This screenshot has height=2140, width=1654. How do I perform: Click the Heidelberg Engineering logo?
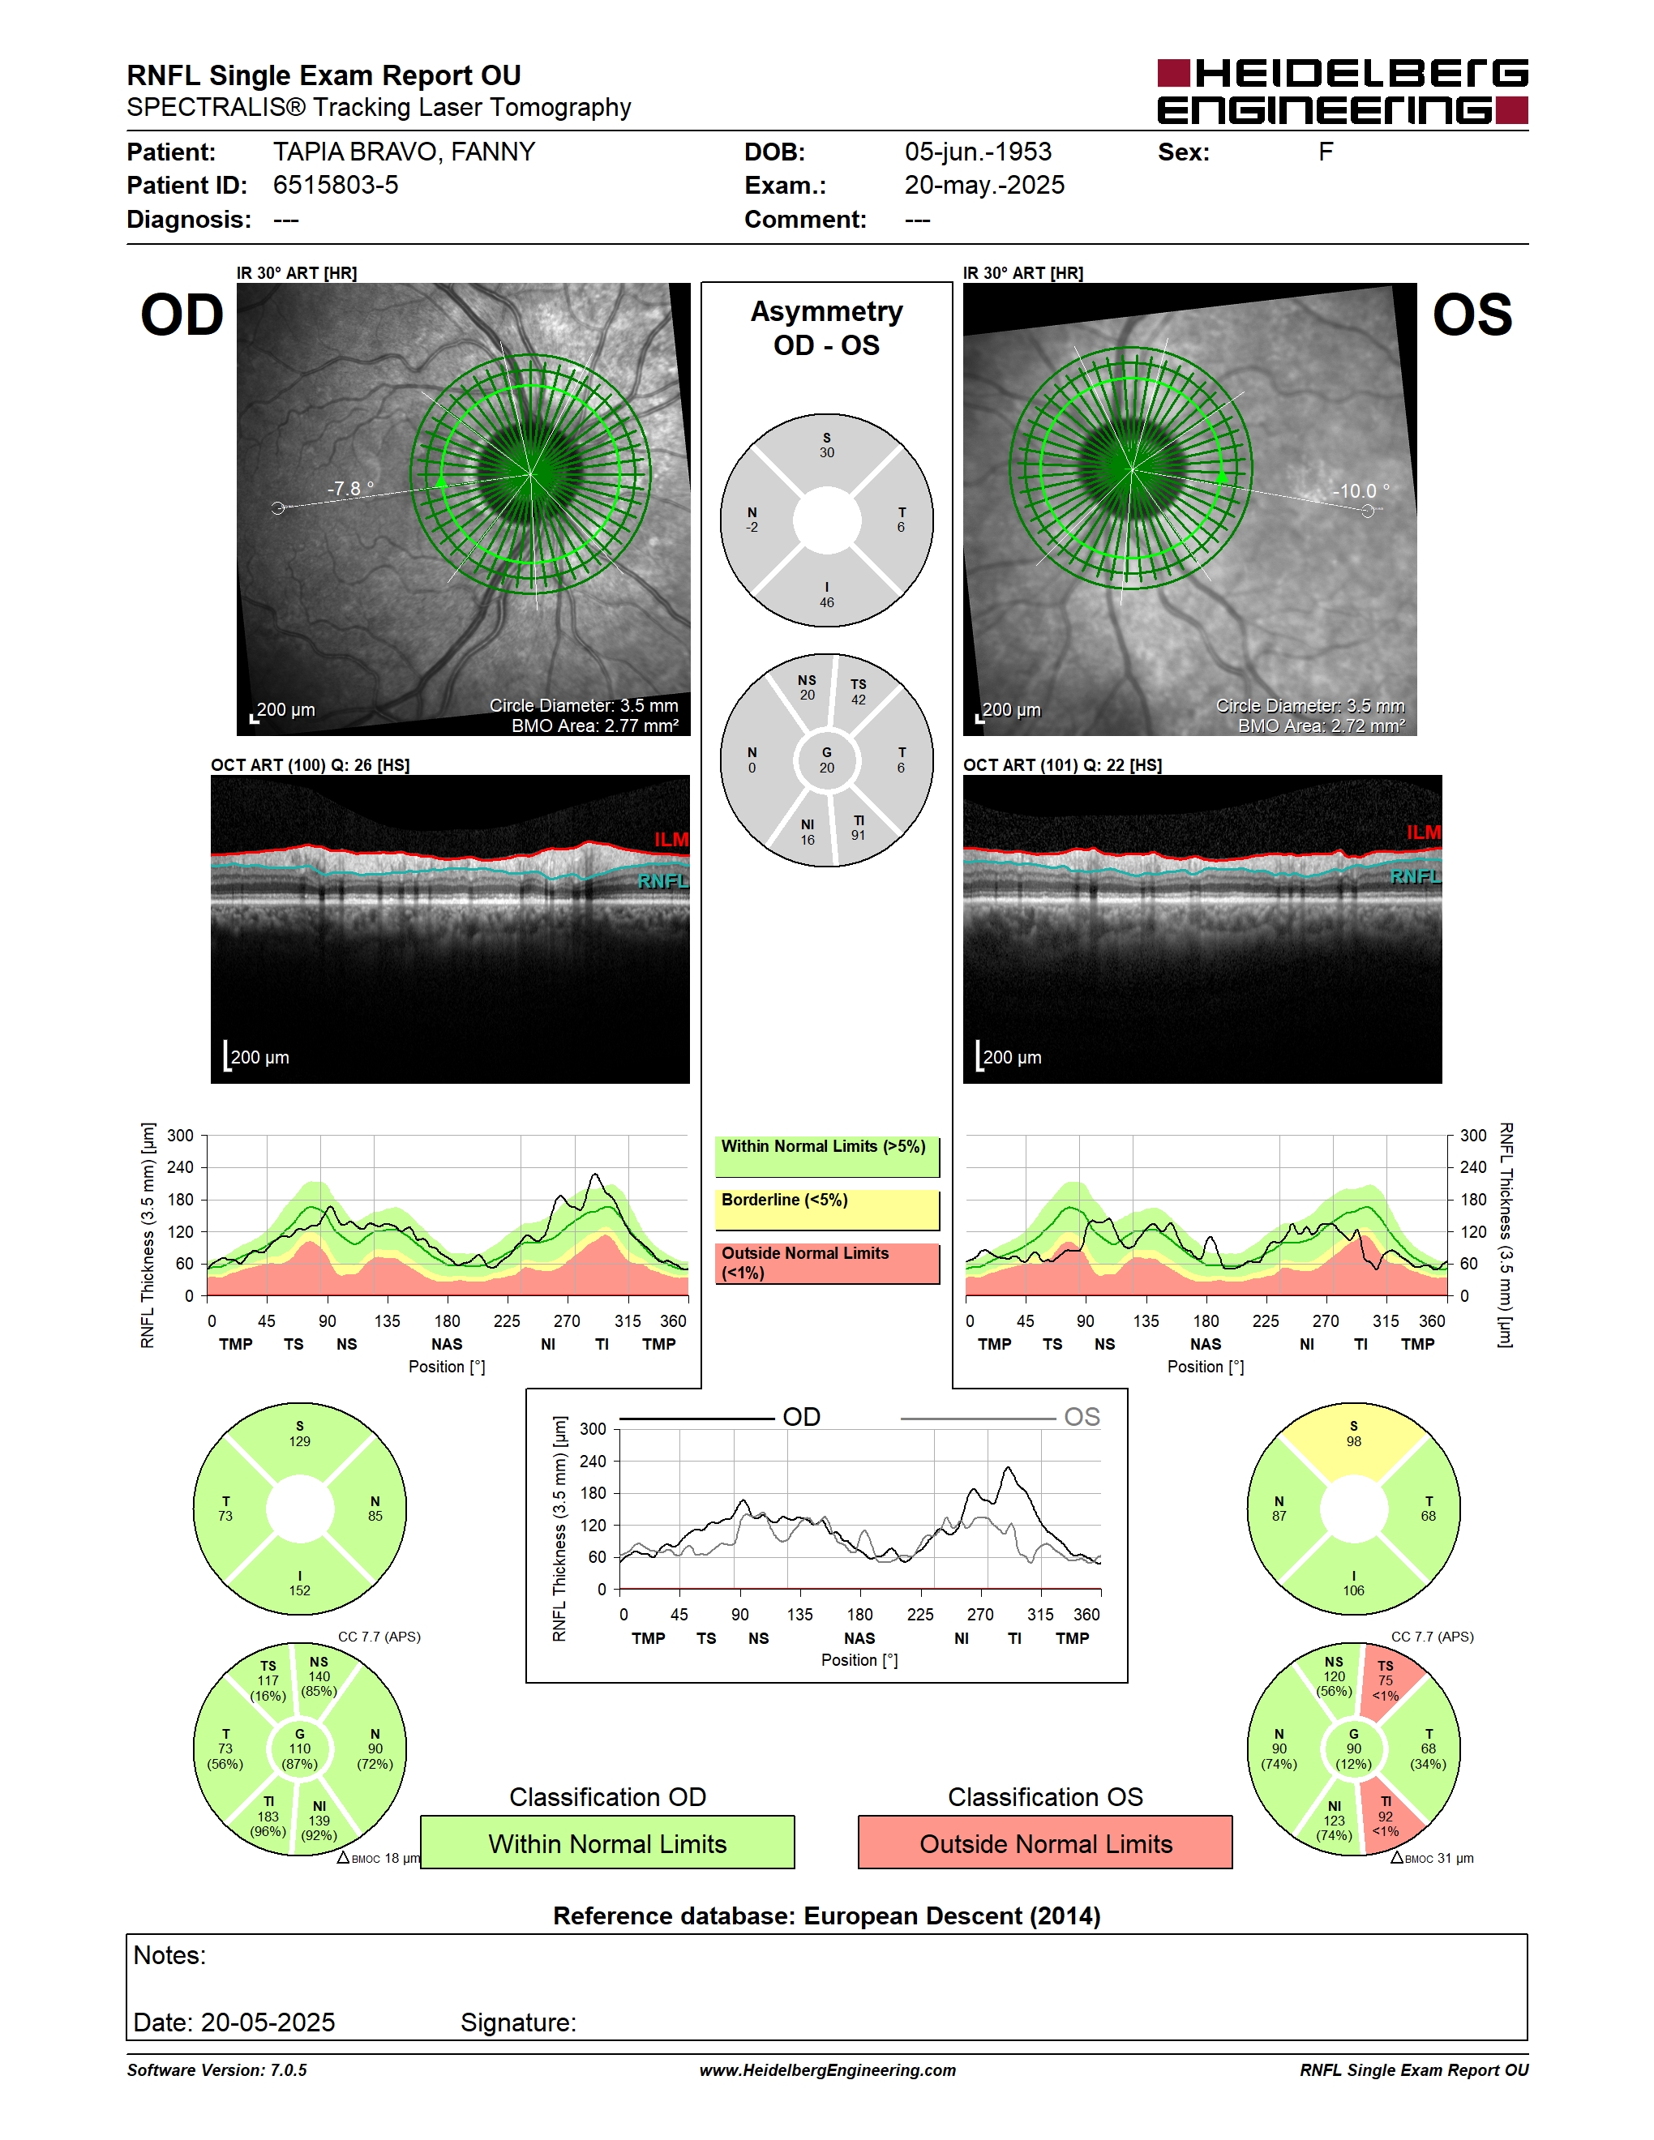click(1343, 92)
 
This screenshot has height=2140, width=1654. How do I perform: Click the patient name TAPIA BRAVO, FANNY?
click(404, 152)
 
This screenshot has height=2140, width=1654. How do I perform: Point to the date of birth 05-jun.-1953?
click(978, 152)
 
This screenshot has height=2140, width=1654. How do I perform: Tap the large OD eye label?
click(182, 315)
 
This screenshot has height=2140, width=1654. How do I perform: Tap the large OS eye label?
click(1472, 315)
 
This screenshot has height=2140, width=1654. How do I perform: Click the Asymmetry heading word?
click(826, 311)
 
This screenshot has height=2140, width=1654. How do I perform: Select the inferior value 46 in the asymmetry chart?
click(827, 602)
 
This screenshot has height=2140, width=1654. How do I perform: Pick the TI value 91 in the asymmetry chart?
click(859, 835)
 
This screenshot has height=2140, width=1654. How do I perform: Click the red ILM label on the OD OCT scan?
click(671, 840)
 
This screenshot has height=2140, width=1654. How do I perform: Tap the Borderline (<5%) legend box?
click(827, 1210)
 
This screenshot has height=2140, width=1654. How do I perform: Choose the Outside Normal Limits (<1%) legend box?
click(827, 1264)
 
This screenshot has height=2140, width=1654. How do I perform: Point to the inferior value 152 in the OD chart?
click(300, 1590)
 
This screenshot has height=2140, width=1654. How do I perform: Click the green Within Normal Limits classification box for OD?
click(607, 1843)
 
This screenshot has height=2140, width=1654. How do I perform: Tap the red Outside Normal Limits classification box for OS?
click(1046, 1843)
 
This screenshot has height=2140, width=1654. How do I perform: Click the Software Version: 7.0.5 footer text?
click(216, 2070)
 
